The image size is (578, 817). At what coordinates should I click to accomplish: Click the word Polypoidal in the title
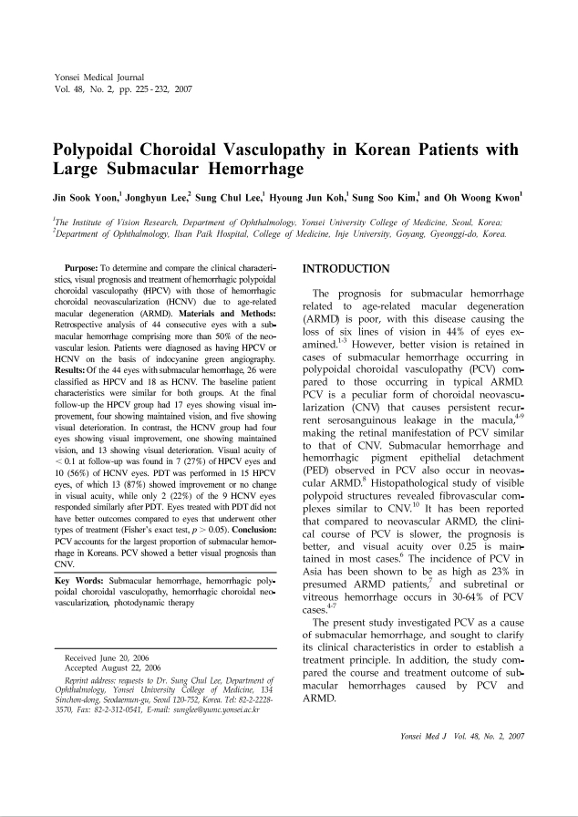click(x=100, y=150)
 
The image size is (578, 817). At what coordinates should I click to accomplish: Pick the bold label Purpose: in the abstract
click(x=85, y=266)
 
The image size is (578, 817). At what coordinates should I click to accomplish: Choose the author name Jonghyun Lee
click(x=149, y=197)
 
